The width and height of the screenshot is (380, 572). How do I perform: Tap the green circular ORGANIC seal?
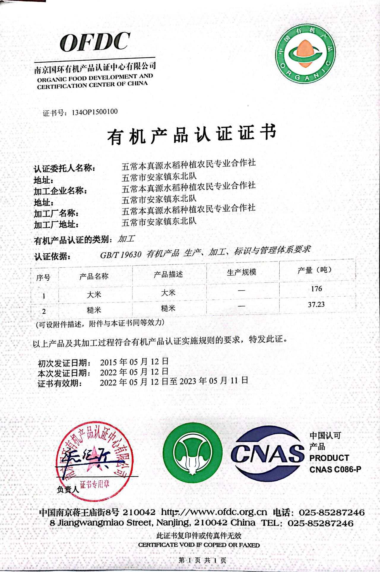305,53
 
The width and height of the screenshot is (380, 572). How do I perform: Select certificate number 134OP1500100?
95,112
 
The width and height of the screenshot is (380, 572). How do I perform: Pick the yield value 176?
316,289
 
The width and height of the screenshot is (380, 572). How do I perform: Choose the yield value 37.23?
316,304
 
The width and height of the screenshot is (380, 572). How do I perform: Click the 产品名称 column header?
94,277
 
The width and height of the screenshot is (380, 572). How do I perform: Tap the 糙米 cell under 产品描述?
168,308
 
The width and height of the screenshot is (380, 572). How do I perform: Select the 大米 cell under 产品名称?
94,294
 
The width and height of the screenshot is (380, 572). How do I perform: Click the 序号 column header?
43,278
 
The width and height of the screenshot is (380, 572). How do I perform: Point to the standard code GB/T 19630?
121,255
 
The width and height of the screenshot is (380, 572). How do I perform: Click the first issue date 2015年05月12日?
134,362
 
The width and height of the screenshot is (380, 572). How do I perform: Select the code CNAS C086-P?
335,469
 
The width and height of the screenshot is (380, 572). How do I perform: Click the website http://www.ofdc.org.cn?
214,512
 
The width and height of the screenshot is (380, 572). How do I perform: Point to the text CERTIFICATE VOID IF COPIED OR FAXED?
199,545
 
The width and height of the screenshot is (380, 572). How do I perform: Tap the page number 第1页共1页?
203,560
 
